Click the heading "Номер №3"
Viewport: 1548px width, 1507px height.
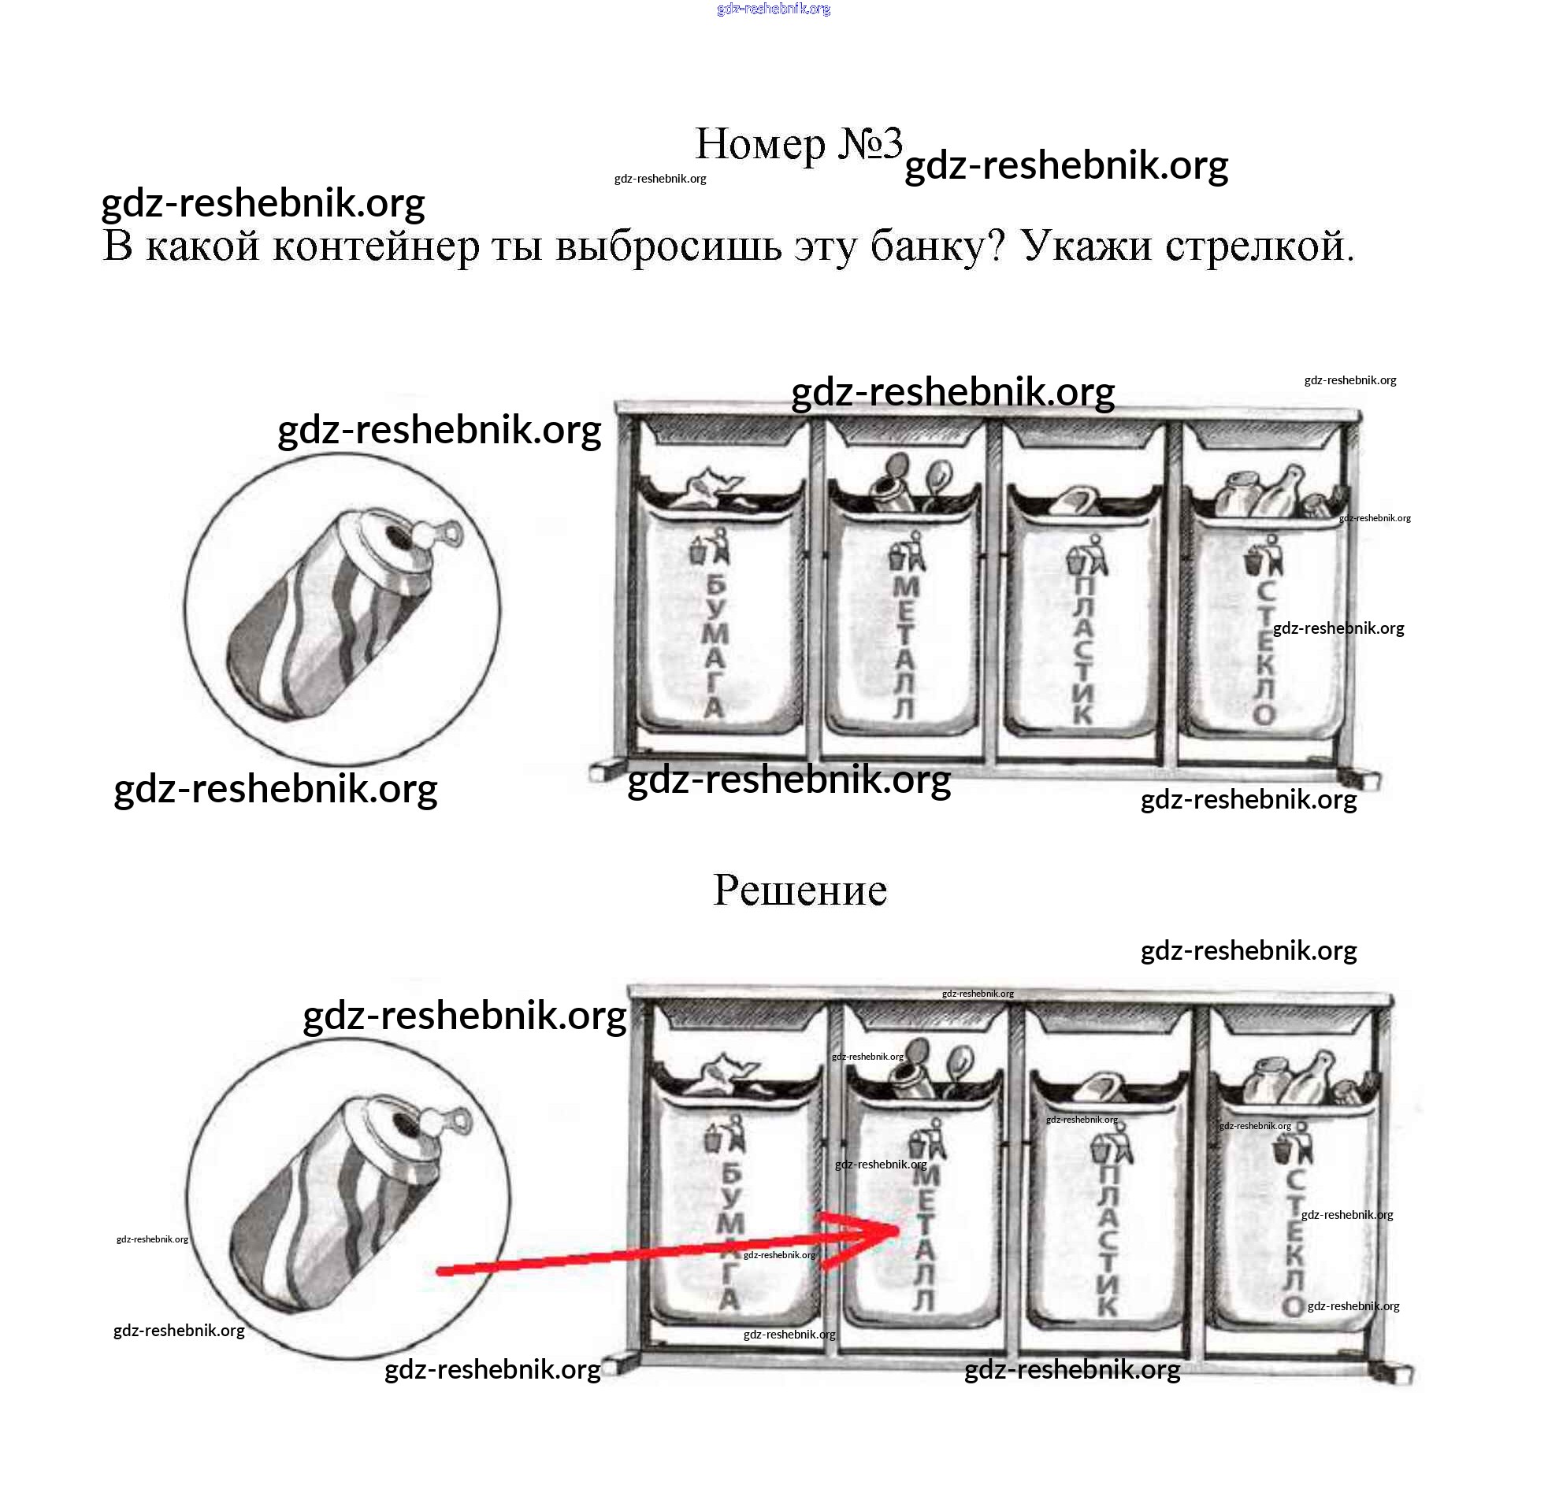pyautogui.click(x=798, y=144)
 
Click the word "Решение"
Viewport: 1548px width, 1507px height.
pyautogui.click(x=800, y=890)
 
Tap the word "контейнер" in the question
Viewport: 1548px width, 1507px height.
pyautogui.click(x=377, y=246)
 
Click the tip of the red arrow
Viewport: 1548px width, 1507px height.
pyautogui.click(x=900, y=1227)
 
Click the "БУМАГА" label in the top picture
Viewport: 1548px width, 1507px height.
pyautogui.click(x=715, y=645)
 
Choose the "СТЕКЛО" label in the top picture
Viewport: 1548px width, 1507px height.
pyautogui.click(x=1264, y=653)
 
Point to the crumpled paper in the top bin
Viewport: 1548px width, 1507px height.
pyautogui.click(x=704, y=488)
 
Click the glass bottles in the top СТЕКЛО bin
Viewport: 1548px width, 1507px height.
pyautogui.click(x=1275, y=491)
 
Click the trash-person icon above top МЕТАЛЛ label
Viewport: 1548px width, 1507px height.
pyautogui.click(x=908, y=550)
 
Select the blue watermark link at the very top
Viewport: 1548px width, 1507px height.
pyautogui.click(x=774, y=9)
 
